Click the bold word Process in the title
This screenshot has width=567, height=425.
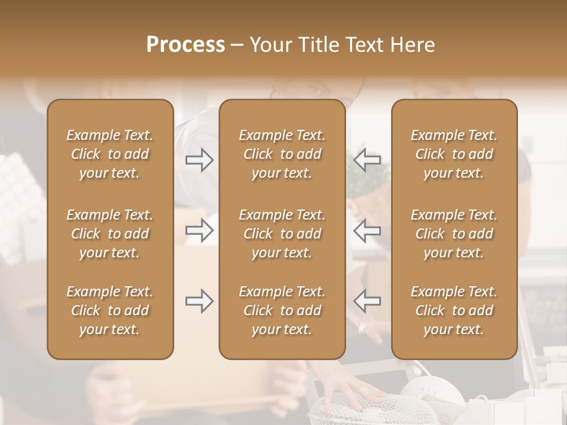[x=185, y=45]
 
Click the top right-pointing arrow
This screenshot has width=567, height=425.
[x=199, y=160]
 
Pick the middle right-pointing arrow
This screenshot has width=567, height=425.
[x=199, y=230]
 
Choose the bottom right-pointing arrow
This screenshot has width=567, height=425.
[x=199, y=301]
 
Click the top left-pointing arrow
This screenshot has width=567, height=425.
[x=367, y=160]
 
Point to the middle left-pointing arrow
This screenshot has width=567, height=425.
[x=367, y=230]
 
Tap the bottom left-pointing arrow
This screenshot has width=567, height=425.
[x=367, y=301]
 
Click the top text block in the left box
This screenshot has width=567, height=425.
[x=110, y=154]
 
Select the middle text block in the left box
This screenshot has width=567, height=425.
[x=110, y=234]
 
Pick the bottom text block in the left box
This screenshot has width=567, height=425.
[x=110, y=310]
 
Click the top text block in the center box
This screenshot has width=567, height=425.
[x=282, y=154]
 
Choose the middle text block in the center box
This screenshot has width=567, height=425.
[x=282, y=234]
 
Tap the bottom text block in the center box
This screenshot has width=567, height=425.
[x=282, y=310]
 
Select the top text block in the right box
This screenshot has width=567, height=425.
[x=454, y=154]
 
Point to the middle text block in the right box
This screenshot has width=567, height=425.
[x=454, y=234]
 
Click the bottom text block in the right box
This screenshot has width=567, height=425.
[x=454, y=310]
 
